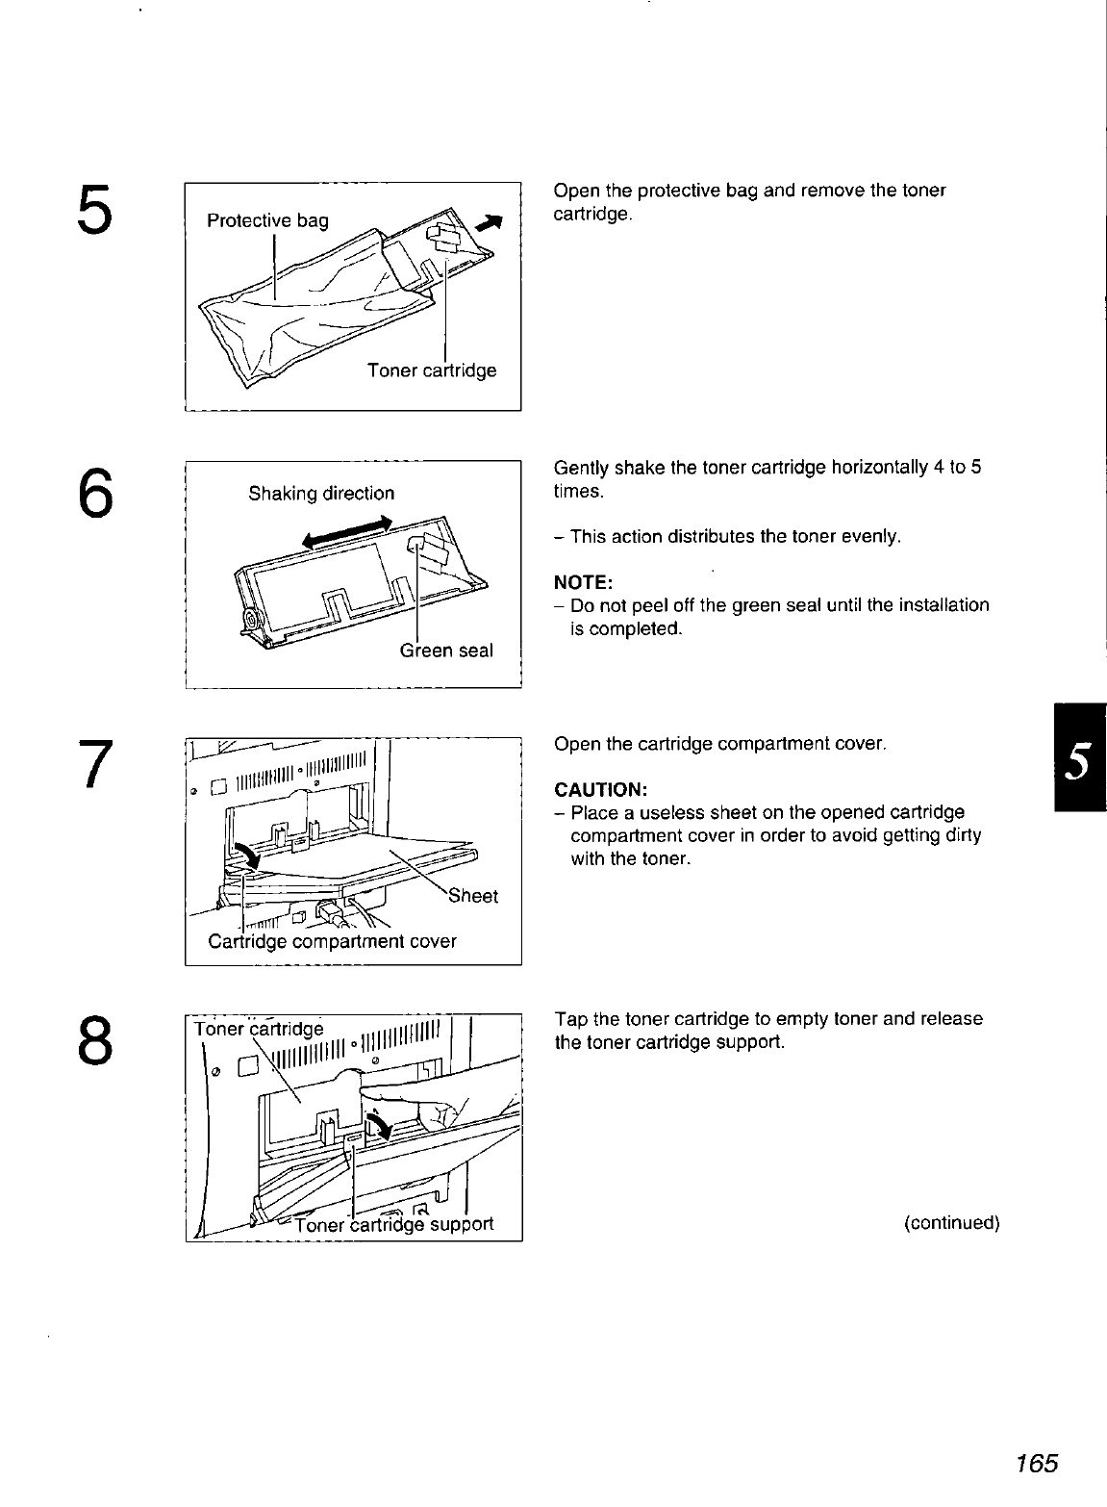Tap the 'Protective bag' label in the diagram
pos(267,220)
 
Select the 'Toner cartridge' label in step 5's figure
pos(432,370)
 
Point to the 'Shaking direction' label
pos(321,494)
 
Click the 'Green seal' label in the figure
pos(446,651)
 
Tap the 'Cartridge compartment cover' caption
pos(332,941)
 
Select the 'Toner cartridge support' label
pos(394,1224)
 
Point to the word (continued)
pos(952,1223)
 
